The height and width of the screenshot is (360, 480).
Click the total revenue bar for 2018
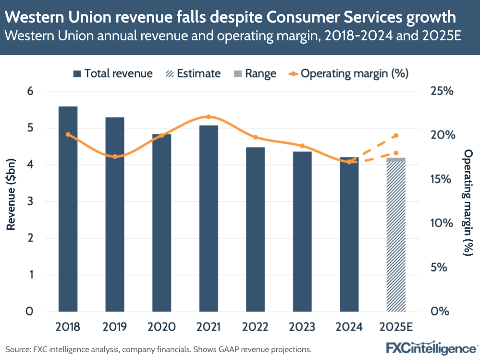pos(68,209)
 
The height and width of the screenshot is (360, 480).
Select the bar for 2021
pos(209,218)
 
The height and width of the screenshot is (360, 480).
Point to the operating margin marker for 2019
pos(115,157)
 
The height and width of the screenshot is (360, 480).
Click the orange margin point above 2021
pos(209,117)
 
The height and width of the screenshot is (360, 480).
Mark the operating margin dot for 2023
pos(302,146)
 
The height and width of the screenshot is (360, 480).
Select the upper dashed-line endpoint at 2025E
pos(396,136)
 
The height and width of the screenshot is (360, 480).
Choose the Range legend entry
pos(254,74)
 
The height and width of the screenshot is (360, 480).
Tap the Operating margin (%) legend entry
pos(348,74)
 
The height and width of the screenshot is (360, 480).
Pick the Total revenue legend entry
pos(112,74)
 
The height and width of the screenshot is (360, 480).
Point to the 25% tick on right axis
pos(442,91)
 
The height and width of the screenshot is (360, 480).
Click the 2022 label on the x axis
pos(255,327)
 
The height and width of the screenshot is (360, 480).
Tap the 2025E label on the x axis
pos(396,327)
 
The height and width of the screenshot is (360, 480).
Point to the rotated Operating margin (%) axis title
pos(468,201)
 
